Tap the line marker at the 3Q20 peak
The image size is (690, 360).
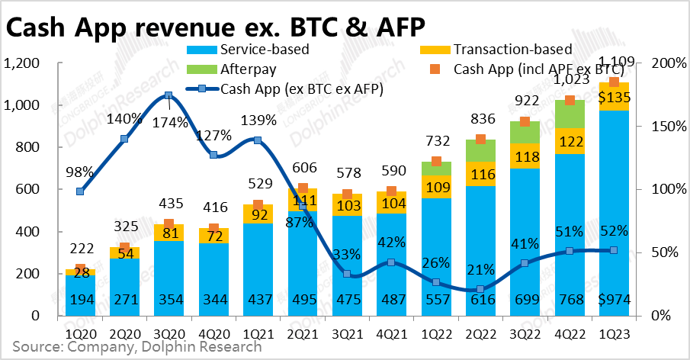pyautogui.click(x=168, y=95)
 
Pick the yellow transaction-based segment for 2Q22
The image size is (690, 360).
pyautogui.click(x=480, y=173)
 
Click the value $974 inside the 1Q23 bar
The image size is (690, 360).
pyautogui.click(x=614, y=300)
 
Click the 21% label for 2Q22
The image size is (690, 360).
pyautogui.click(x=480, y=268)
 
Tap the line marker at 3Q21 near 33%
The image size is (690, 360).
pyautogui.click(x=347, y=274)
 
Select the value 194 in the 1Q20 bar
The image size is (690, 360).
pyautogui.click(x=80, y=300)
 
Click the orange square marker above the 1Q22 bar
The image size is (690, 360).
pyautogui.click(x=436, y=161)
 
